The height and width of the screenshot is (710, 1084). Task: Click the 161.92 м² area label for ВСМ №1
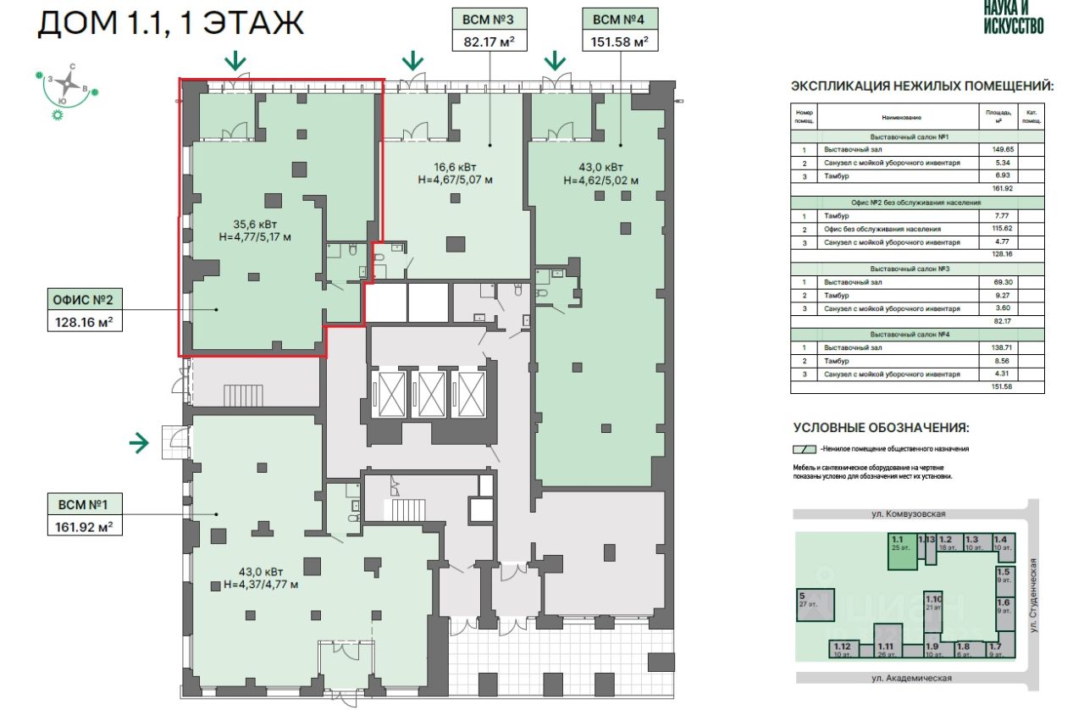[82, 526]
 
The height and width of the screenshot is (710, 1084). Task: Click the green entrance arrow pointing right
[139, 441]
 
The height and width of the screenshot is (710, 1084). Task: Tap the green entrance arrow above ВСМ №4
[555, 60]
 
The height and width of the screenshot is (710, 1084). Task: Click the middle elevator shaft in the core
[431, 394]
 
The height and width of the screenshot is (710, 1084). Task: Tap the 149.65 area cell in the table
[1003, 148]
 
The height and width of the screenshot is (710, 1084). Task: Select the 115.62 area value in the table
[1003, 229]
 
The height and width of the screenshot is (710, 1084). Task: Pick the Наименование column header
[901, 118]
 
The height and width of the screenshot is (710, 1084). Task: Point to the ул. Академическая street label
[911, 678]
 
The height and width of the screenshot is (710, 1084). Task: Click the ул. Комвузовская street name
[911, 513]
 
